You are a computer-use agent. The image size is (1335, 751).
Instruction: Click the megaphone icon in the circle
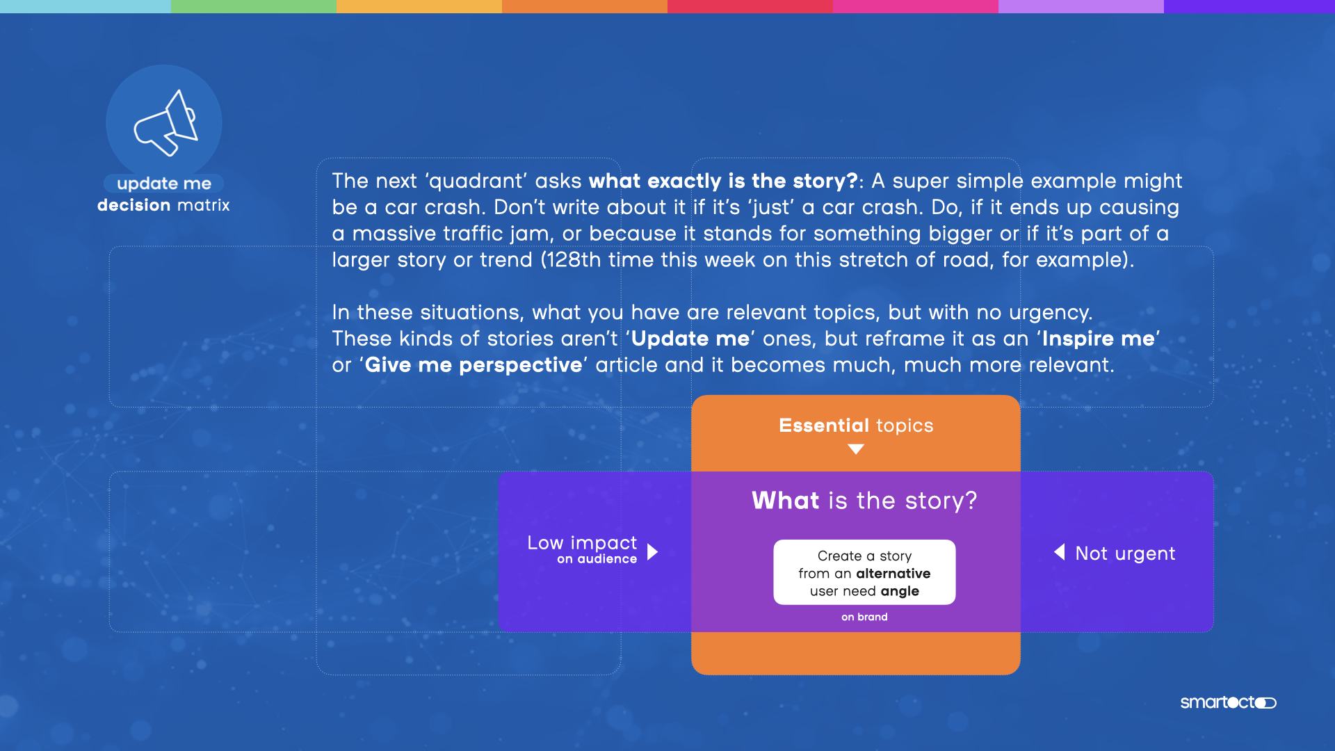pos(166,123)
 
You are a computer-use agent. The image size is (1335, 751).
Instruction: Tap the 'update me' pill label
pos(164,184)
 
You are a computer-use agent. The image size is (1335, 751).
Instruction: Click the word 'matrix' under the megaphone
pos(203,205)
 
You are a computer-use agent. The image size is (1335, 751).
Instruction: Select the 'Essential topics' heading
pos(856,426)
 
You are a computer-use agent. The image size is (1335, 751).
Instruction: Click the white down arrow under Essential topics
pos(856,449)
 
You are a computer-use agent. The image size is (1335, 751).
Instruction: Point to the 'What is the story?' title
pos(864,501)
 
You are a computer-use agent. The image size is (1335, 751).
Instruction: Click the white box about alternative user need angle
pos(864,572)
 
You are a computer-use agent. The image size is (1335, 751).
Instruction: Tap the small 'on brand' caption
pos(864,617)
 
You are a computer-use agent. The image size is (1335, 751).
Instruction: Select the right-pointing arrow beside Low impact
pos(652,552)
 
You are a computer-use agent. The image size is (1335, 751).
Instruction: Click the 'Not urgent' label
pos(1125,554)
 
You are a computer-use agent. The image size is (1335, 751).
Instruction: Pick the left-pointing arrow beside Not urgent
pos(1060,552)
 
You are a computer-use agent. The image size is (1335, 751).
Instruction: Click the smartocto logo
pos(1229,702)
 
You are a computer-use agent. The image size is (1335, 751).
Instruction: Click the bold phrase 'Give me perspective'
pos(474,365)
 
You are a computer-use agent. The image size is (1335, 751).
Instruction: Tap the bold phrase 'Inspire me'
pos(1098,339)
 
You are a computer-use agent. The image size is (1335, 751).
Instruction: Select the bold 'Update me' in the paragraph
pos(690,339)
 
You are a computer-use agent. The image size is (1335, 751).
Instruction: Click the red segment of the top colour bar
pos(750,6)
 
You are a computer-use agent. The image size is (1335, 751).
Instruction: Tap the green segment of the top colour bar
pos(254,6)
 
